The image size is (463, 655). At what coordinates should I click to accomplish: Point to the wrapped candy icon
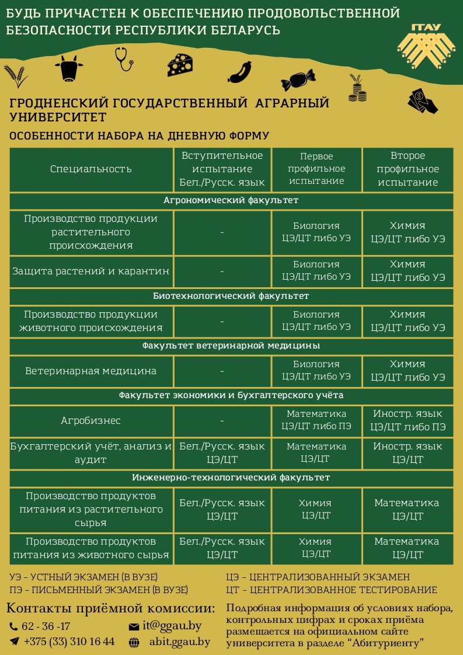298,78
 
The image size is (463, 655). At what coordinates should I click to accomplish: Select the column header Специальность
91,169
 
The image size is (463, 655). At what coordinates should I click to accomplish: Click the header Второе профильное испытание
408,169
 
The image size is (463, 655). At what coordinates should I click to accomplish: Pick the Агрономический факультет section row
231,200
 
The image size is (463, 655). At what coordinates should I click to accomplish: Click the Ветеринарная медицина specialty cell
91,371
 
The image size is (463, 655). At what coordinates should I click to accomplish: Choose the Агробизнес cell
91,420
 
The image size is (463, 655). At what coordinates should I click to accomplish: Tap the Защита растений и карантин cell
91,271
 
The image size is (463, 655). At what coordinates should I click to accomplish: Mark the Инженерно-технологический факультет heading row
231,478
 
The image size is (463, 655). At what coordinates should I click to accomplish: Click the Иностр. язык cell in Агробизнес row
408,420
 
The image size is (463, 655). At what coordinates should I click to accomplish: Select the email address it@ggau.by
172,626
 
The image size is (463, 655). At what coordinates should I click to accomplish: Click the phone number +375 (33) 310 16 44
69,642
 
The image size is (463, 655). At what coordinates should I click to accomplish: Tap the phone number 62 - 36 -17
46,626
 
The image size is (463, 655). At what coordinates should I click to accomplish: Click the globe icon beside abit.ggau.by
134,642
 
